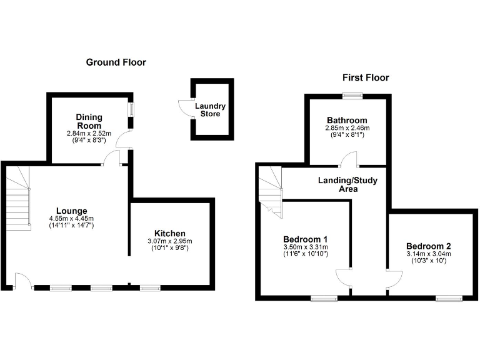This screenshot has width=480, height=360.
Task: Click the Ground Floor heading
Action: (116, 62)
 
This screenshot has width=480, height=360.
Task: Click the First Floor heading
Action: (366, 77)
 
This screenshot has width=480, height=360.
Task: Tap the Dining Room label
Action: (89, 121)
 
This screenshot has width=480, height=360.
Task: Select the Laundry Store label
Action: (210, 110)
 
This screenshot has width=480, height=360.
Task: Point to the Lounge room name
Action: (72, 211)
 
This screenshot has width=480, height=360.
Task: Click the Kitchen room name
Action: (169, 233)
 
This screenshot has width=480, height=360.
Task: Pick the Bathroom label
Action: (347, 120)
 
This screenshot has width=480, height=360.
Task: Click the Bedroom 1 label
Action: (306, 239)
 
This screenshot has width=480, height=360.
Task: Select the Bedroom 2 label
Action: (428, 246)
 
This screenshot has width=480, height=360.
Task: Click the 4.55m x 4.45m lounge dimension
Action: (72, 218)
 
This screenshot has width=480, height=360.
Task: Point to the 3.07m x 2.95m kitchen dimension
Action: (169, 241)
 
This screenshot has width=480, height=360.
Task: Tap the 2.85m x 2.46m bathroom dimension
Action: (347, 128)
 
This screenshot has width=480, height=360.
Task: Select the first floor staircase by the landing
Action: (270, 191)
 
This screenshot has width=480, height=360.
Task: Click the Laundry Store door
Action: (182, 108)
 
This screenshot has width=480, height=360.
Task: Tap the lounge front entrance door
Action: (22, 281)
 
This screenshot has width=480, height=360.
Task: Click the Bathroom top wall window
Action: (353, 95)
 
